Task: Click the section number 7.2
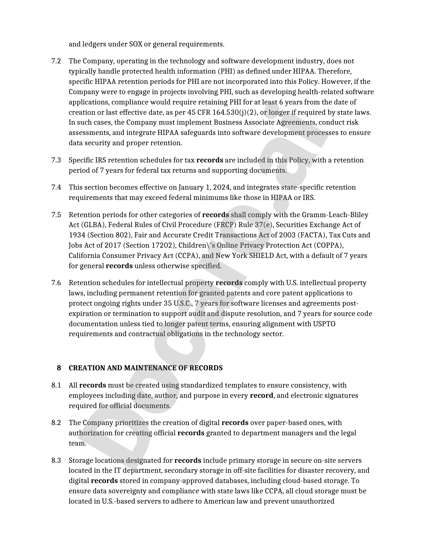[x=56, y=61]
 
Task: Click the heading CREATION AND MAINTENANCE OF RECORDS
[x=145, y=368]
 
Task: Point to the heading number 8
[x=59, y=368]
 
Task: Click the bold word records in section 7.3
[x=210, y=160]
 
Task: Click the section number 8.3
[x=56, y=460]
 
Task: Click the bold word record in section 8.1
[x=261, y=395]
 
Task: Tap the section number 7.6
[x=56, y=283]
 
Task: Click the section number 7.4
[x=56, y=187]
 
